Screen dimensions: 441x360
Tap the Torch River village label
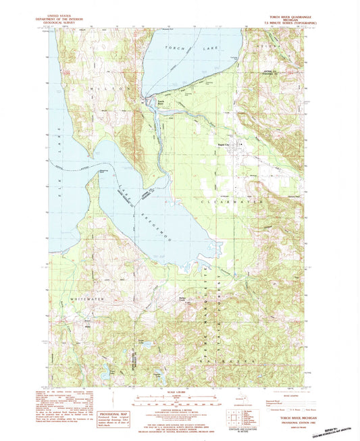pos(161,103)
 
